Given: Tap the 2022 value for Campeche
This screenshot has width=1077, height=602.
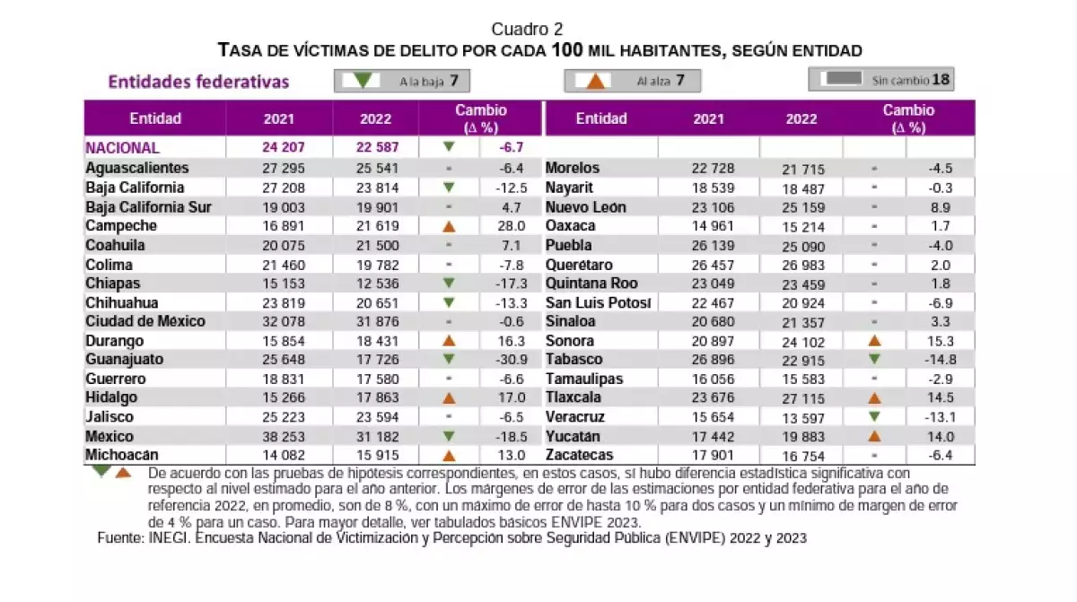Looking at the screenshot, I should click(376, 226).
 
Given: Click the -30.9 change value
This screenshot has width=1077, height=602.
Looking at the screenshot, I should click(509, 360).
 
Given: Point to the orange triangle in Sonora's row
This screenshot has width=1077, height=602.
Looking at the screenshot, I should click(874, 341).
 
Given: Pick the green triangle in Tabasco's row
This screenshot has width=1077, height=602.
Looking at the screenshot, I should click(874, 360).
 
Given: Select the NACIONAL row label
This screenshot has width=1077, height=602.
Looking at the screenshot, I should click(123, 148).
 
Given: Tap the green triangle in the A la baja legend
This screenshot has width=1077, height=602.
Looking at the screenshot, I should click(363, 81).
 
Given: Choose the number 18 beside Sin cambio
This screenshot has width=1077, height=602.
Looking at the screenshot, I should click(940, 80).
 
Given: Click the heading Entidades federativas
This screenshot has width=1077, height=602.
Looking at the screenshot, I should click(198, 82).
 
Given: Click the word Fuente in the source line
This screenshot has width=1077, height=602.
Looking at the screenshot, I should click(121, 538).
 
